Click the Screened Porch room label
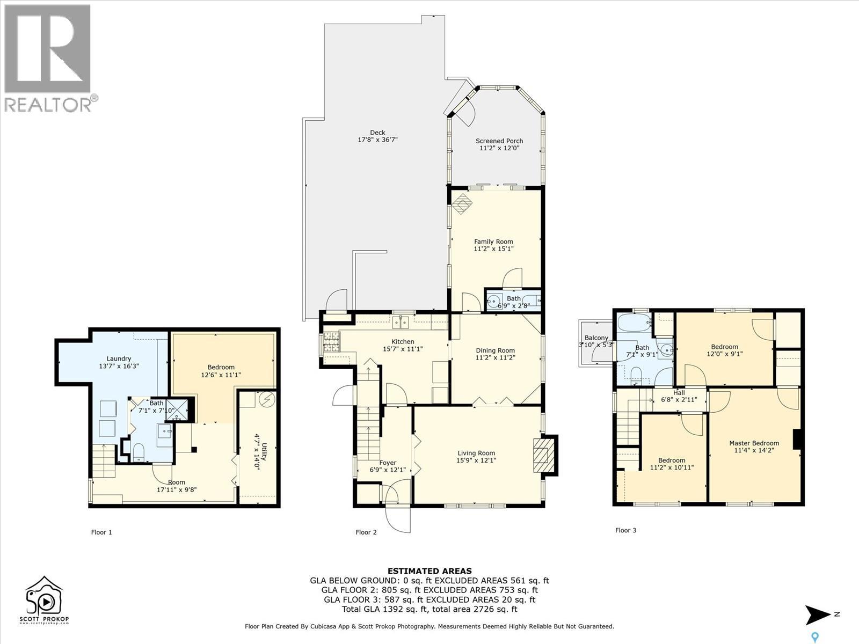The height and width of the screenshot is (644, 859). click(x=499, y=141)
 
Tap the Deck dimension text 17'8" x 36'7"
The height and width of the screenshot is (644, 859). click(x=377, y=140)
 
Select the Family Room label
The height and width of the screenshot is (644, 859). click(x=493, y=241)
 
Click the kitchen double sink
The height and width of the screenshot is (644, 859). click(x=401, y=323)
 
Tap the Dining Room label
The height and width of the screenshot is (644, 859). click(x=496, y=350)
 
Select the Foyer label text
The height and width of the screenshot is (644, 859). click(x=388, y=463)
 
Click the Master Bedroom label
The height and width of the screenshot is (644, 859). click(x=754, y=443)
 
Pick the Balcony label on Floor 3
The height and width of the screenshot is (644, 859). click(x=596, y=338)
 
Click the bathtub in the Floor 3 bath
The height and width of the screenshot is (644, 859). click(x=634, y=323)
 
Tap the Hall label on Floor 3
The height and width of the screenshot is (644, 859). click(x=679, y=393)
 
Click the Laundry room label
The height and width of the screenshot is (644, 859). click(x=119, y=358)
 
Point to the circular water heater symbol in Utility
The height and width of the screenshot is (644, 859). click(x=268, y=399)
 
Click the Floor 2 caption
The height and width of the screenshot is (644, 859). click(x=366, y=532)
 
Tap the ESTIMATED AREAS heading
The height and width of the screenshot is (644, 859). click(x=429, y=571)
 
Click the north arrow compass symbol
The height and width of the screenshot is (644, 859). click(x=817, y=615)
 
